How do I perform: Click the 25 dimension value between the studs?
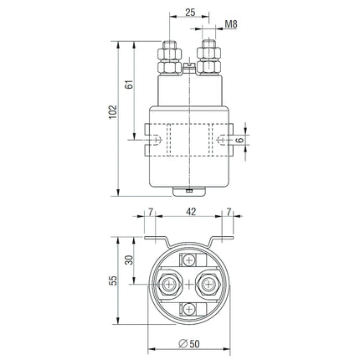[x=190, y=13]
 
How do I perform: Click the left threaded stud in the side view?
[x=167, y=53]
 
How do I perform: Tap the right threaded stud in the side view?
[x=209, y=53]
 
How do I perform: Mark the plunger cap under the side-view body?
[x=189, y=189]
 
